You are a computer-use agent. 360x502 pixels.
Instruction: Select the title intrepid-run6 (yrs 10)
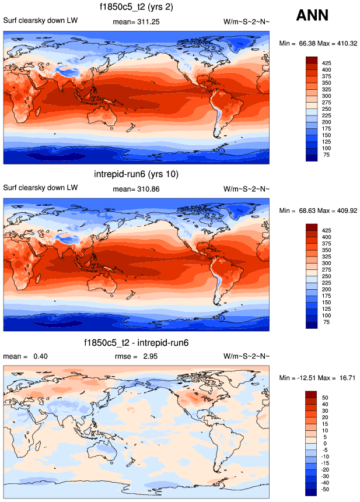click(136, 174)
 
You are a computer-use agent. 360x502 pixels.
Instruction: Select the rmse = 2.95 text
click(136, 356)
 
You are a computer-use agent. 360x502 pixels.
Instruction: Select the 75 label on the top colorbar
click(326, 155)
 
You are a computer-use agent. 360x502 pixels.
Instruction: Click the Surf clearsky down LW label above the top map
click(40, 22)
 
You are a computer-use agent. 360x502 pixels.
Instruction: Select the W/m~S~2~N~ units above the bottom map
click(247, 356)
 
